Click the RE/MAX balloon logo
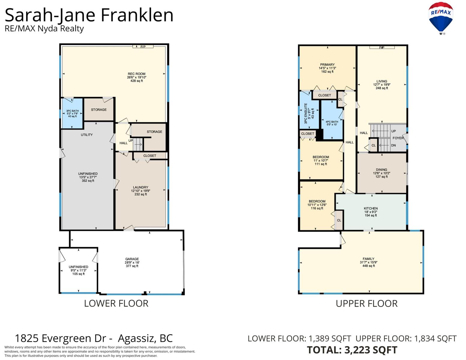pos(440,18)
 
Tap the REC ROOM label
pos(137,74)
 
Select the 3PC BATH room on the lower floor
pos(72,113)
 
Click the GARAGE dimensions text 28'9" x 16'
pos(132,262)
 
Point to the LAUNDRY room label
pos(140,187)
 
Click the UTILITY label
pos(87,135)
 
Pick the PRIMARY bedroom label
pos(327,64)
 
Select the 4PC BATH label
pos(332,121)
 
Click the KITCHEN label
pos(371,208)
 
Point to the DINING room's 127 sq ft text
pos(381,177)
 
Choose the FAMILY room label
pos(368,259)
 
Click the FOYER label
pos(398,138)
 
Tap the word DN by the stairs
pos(393,145)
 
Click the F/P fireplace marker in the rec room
pos(143,47)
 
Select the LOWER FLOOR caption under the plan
pos(116,303)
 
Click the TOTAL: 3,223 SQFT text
pos(352,350)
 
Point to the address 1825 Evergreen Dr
pos(61,338)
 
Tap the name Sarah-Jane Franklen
pos(89,15)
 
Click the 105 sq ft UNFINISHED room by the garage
pos(78,270)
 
